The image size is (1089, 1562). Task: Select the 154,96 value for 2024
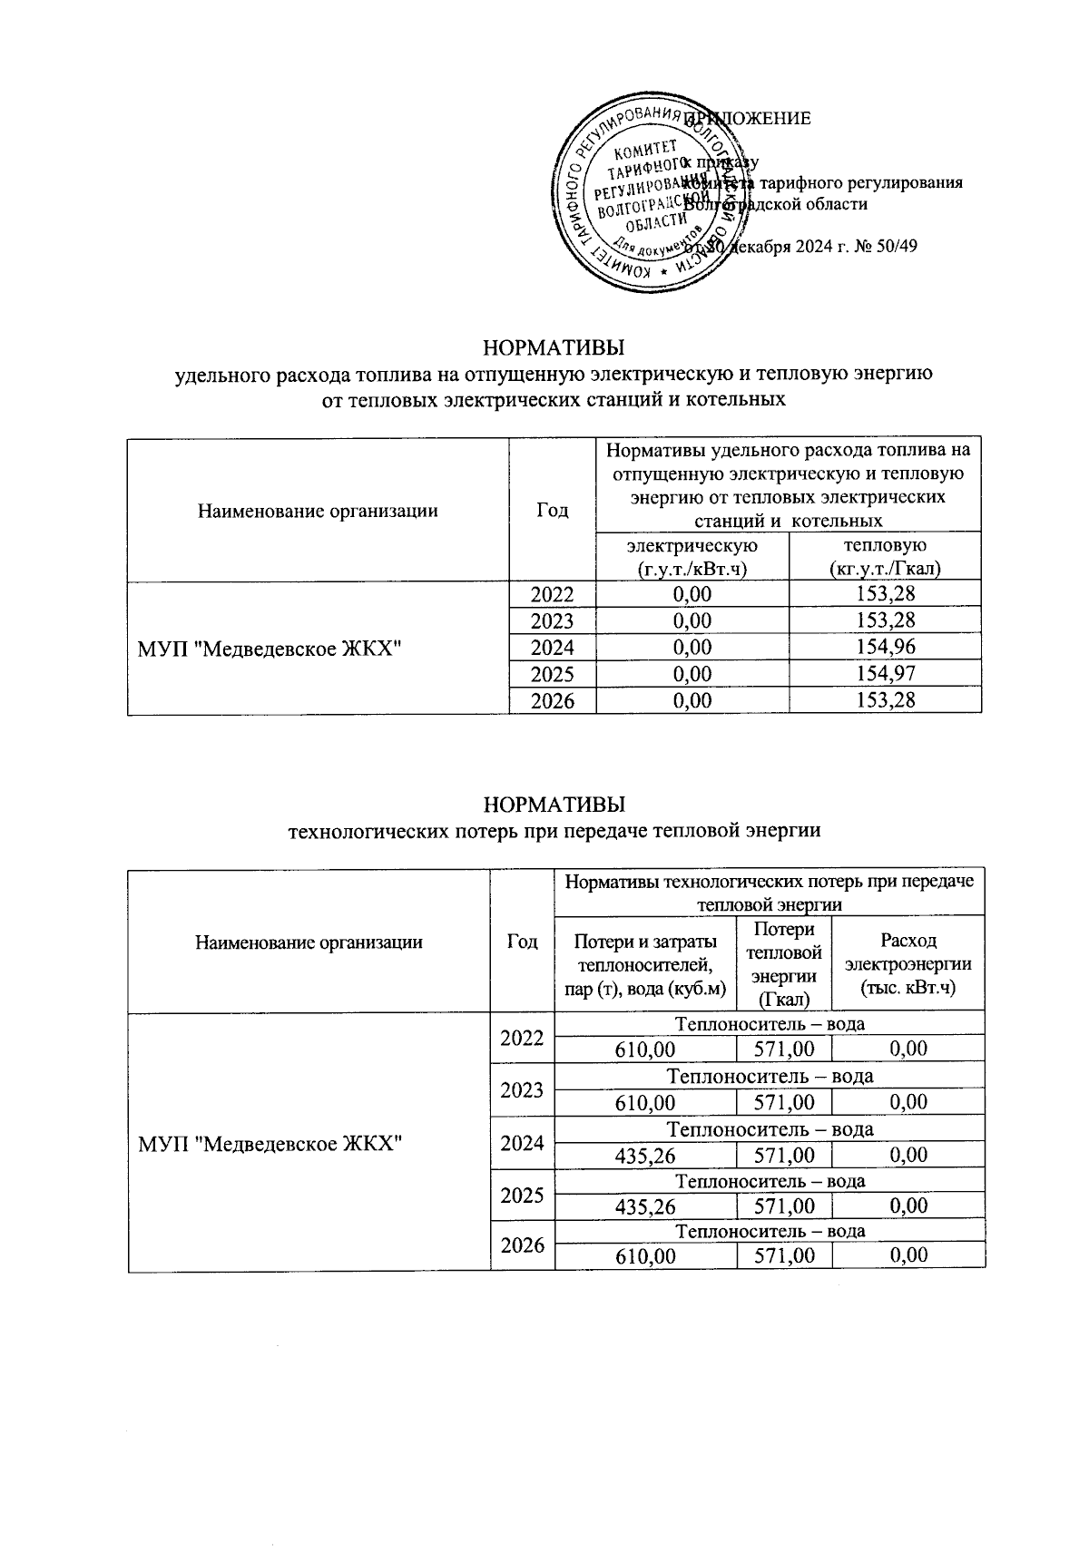(x=885, y=648)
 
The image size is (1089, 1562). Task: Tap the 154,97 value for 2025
(x=885, y=674)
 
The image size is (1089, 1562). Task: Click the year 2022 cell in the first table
(x=552, y=595)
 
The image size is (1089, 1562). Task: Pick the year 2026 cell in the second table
(x=522, y=1245)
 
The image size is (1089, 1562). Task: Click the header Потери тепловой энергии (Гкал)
(x=784, y=964)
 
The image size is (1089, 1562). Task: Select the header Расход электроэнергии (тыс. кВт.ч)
(x=907, y=964)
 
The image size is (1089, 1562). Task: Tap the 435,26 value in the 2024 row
(x=645, y=1155)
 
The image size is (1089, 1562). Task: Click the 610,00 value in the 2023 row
(x=645, y=1102)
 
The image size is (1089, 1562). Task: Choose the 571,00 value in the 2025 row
(x=784, y=1206)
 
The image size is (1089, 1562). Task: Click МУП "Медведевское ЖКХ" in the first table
(x=270, y=648)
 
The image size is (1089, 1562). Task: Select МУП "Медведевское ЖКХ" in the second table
(x=270, y=1143)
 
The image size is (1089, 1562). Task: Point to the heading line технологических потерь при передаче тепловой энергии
(x=554, y=830)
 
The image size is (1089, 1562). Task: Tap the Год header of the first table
(x=552, y=511)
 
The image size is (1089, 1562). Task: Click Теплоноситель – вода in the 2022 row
(x=770, y=1024)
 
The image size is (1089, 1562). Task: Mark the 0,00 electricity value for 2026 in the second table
(x=907, y=1255)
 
